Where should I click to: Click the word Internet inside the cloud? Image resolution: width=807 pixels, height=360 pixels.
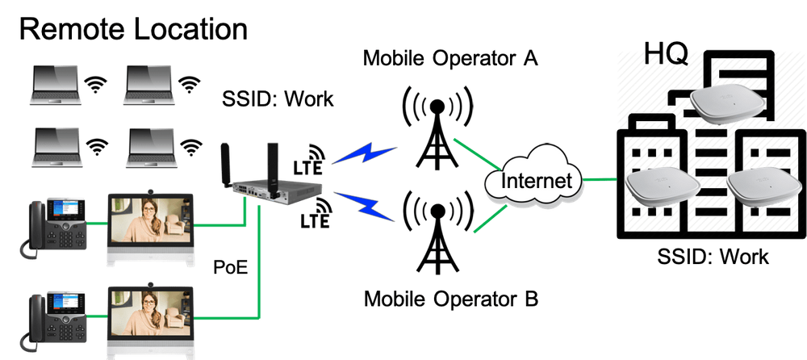pos(536,179)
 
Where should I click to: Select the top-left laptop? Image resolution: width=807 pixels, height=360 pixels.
pos(54,86)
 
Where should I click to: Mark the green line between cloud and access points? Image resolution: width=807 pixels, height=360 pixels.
pos(602,179)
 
